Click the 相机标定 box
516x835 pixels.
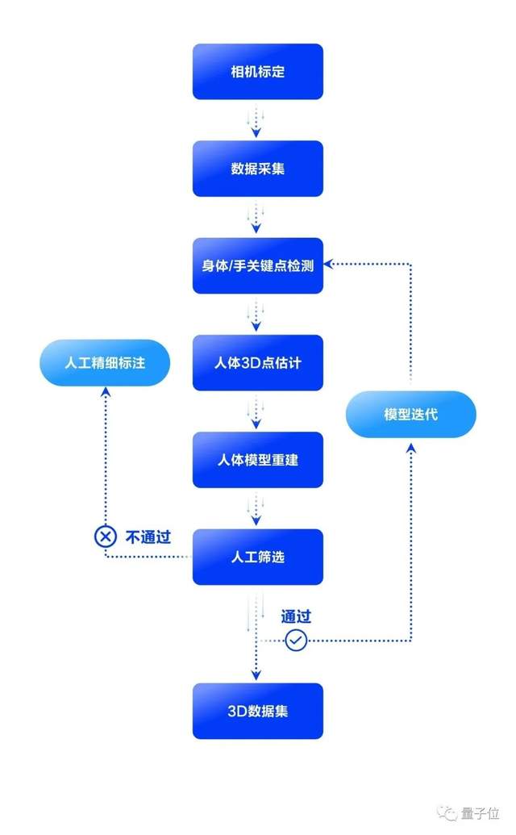click(257, 72)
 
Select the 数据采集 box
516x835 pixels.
click(257, 169)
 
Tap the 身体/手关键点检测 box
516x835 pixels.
click(257, 265)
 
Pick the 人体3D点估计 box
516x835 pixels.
click(257, 362)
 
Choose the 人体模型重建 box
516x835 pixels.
click(257, 460)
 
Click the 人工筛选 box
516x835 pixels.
click(257, 557)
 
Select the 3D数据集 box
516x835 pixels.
click(257, 711)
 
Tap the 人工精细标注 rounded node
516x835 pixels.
click(105, 362)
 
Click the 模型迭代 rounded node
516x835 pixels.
click(411, 415)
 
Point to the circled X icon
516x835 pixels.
click(105, 536)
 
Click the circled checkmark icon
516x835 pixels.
click(296, 641)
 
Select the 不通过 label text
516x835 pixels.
click(148, 536)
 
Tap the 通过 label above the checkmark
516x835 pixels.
click(296, 616)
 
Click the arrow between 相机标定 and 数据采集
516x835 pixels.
click(256, 120)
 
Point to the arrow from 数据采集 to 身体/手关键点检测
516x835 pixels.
click(256, 217)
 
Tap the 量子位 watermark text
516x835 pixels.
click(481, 812)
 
